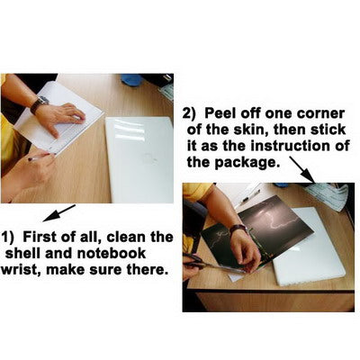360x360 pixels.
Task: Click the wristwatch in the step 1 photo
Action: pos(39,104)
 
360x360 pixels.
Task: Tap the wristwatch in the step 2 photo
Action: pos(238,229)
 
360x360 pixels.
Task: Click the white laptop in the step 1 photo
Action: pos(140,159)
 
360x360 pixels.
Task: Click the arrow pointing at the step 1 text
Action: pos(59,213)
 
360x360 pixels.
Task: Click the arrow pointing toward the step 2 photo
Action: pos(302,169)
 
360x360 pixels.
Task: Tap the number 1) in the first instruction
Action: pos(8,237)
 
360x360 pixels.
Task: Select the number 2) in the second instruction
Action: pos(190,114)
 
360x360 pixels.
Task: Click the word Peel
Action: pos(218,113)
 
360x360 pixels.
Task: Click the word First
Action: pos(40,237)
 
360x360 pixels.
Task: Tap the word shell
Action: pos(23,253)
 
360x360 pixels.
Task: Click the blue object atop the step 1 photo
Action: pos(131,79)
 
